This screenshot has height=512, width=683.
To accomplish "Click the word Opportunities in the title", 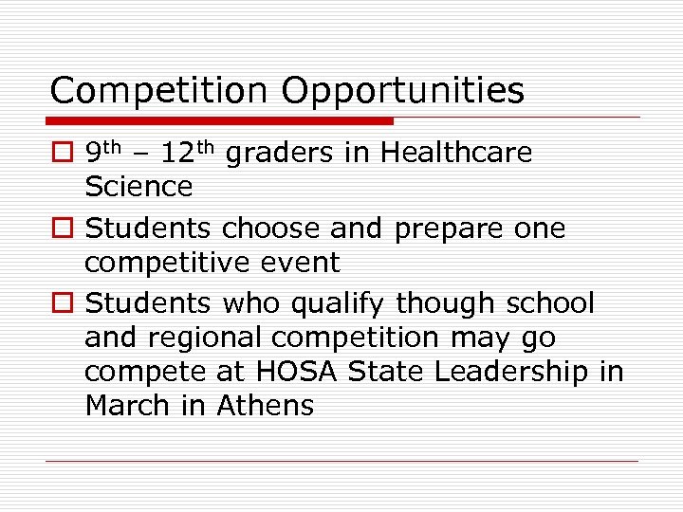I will pos(402,91).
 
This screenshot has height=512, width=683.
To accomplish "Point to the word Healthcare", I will pos(456,153).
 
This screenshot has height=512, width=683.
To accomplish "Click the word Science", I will pos(138,187).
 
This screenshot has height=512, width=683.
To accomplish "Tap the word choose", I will pos(268,229).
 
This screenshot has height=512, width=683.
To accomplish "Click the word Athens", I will pos(266,406).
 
